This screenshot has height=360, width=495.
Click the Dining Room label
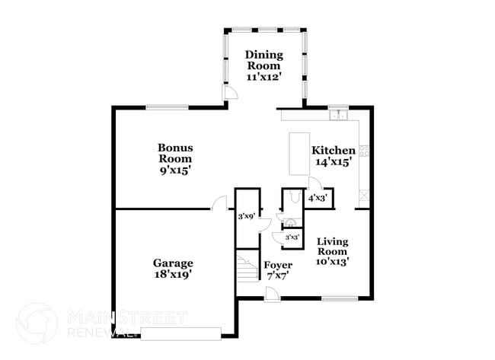263,60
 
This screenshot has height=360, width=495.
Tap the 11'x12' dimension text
263,77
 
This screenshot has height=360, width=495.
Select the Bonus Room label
175,153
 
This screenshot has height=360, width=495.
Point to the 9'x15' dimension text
175,170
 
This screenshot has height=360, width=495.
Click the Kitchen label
334,150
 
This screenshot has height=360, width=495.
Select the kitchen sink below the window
339,116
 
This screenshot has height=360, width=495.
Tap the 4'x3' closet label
318,198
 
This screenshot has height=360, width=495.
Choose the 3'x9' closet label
246,217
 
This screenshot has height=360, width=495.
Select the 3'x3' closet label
291,237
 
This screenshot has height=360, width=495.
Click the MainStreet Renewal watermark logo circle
37,322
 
